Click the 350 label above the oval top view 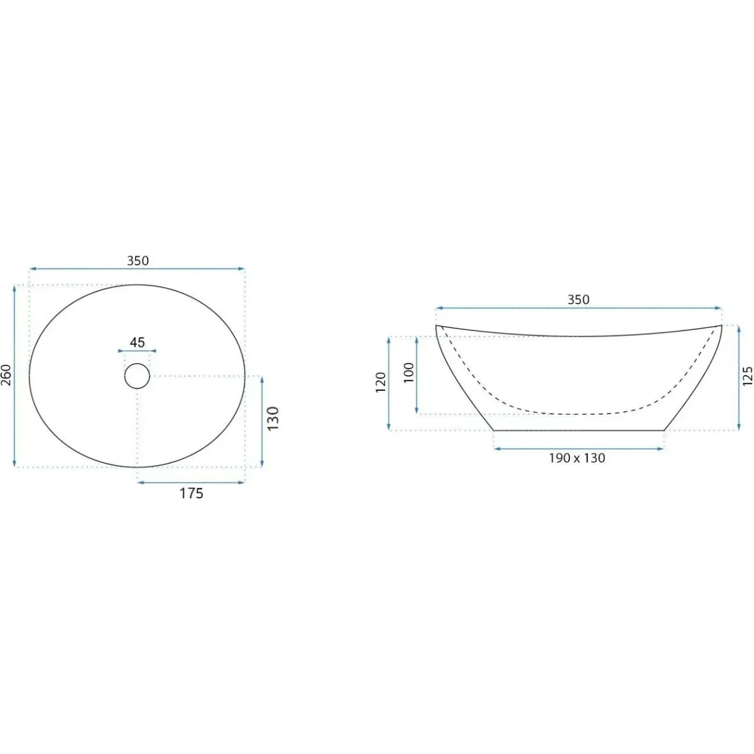[x=138, y=261]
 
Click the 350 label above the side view [x=578, y=300]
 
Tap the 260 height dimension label [x=7, y=375]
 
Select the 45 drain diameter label [x=138, y=342]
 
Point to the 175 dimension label [x=192, y=494]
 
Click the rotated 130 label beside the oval [x=273, y=418]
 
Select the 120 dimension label [x=380, y=382]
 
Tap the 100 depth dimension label [x=408, y=373]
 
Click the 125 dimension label [x=747, y=376]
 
